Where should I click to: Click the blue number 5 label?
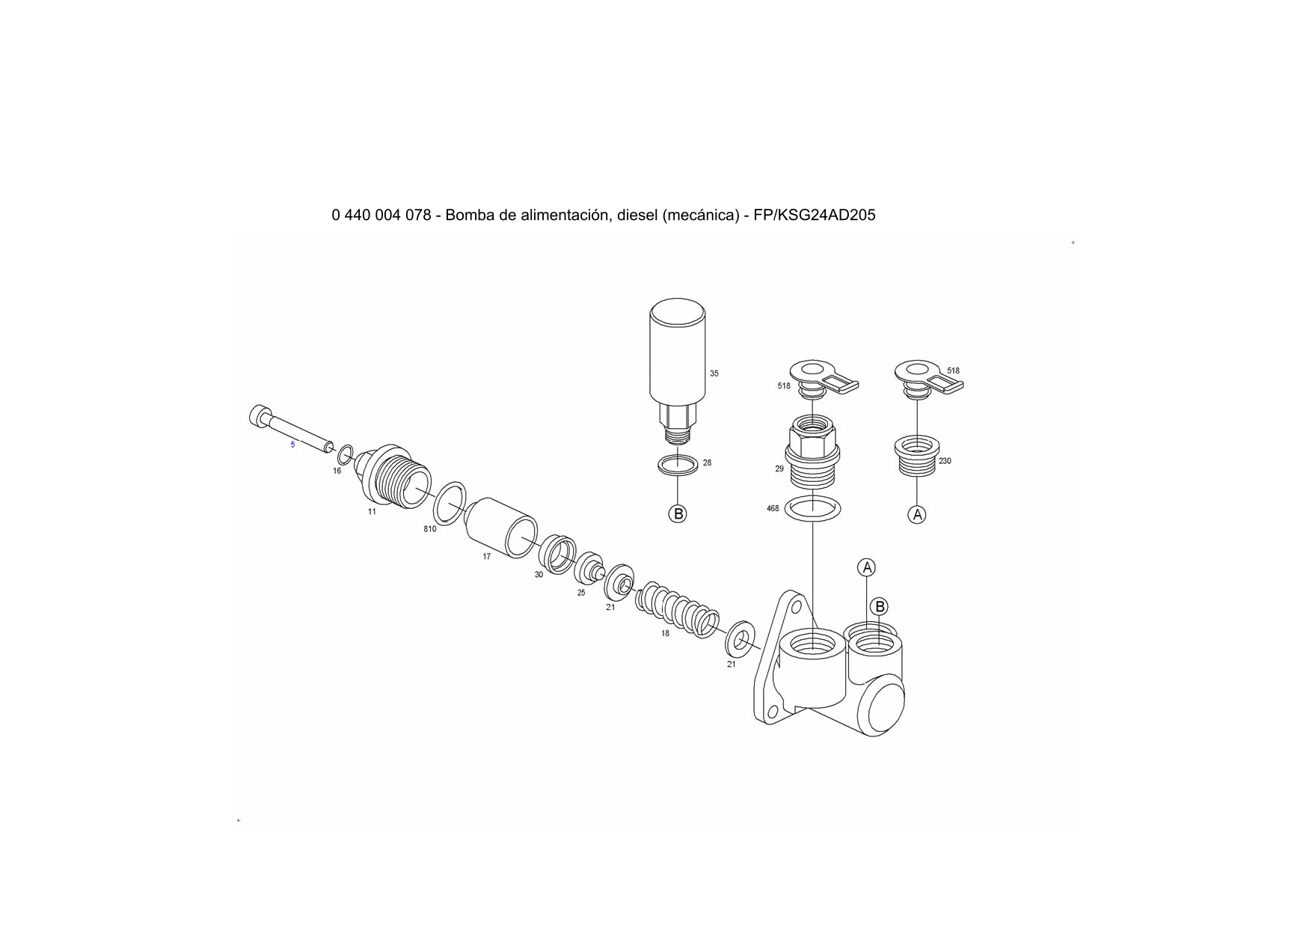[292, 445]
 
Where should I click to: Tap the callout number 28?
[707, 463]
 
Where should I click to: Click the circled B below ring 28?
[678, 514]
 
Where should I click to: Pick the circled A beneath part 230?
[917, 514]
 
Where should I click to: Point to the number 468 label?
[773, 508]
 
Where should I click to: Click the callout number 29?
[779, 468]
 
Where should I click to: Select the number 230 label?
[945, 461]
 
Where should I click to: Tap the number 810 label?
[430, 529]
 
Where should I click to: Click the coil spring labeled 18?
[678, 609]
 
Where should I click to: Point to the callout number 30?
[539, 575]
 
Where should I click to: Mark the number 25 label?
[581, 593]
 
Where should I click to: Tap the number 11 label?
[372, 512]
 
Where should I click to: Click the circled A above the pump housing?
[867, 567]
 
